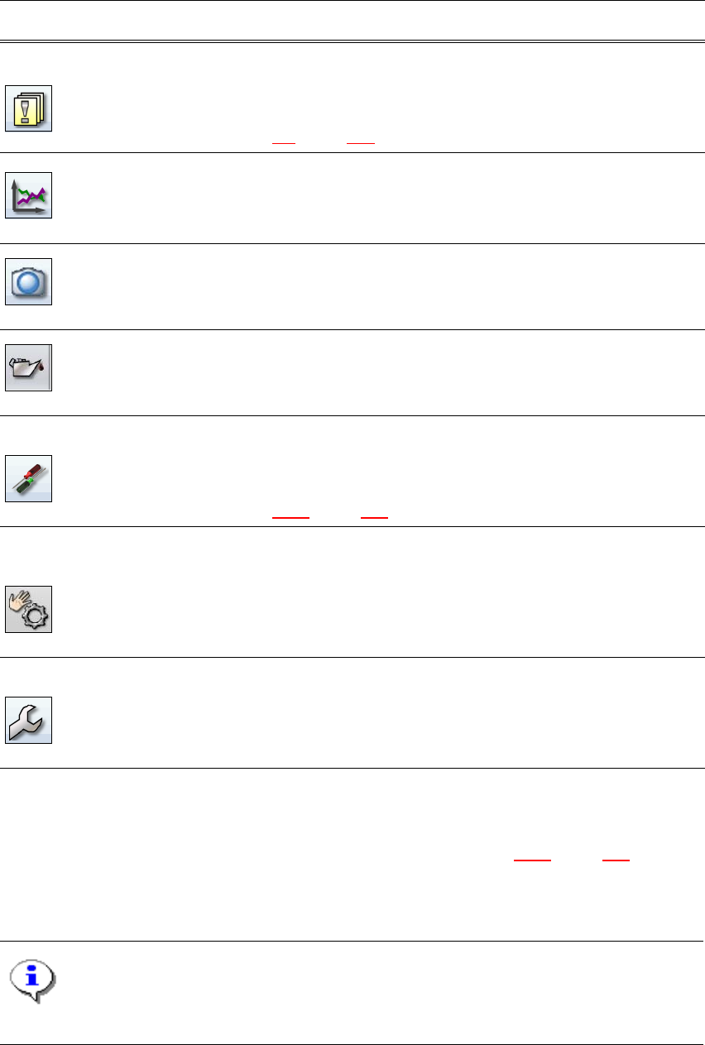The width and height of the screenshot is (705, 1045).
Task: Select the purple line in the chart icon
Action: click(34, 201)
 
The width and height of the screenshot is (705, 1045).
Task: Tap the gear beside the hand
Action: click(36, 614)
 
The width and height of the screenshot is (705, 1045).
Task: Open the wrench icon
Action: click(29, 720)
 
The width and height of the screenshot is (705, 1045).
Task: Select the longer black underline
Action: click(362, 144)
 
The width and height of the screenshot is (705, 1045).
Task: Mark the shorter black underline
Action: click(284, 144)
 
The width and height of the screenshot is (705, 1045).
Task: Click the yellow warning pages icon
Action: click(29, 108)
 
